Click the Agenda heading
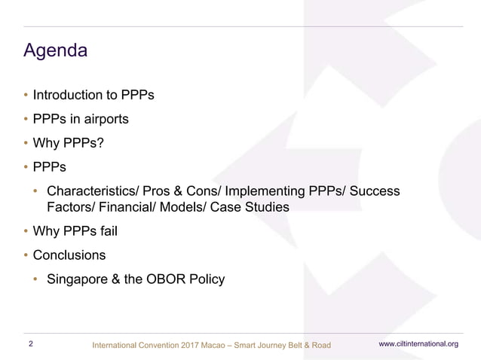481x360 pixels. click(x=56, y=51)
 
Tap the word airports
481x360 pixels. click(x=106, y=119)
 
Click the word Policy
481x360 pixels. click(x=206, y=279)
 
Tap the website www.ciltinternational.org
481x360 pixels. click(x=418, y=344)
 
